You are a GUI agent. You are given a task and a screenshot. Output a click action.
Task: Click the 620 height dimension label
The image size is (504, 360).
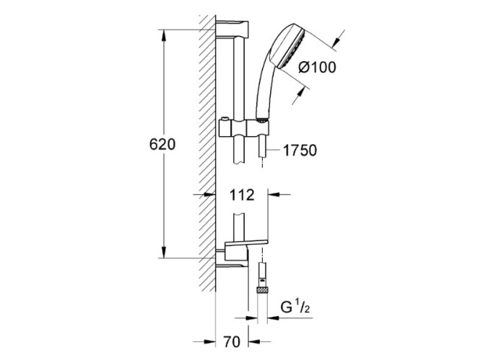pos(162,144)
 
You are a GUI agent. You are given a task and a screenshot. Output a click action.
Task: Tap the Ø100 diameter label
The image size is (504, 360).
pos(317,67)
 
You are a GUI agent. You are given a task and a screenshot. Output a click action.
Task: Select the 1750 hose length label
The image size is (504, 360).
pos(300,150)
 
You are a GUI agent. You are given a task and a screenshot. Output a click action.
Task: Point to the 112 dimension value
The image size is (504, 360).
pos(242,195)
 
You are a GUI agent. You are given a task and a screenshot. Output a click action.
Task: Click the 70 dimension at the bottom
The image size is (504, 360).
pos(232,342)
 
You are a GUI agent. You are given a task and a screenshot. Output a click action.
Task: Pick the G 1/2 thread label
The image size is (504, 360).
pos(295,307)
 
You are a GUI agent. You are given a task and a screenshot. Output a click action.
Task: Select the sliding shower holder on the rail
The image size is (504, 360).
pos(243,129)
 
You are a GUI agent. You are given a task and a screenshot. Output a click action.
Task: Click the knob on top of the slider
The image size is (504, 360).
pos(224,120)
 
